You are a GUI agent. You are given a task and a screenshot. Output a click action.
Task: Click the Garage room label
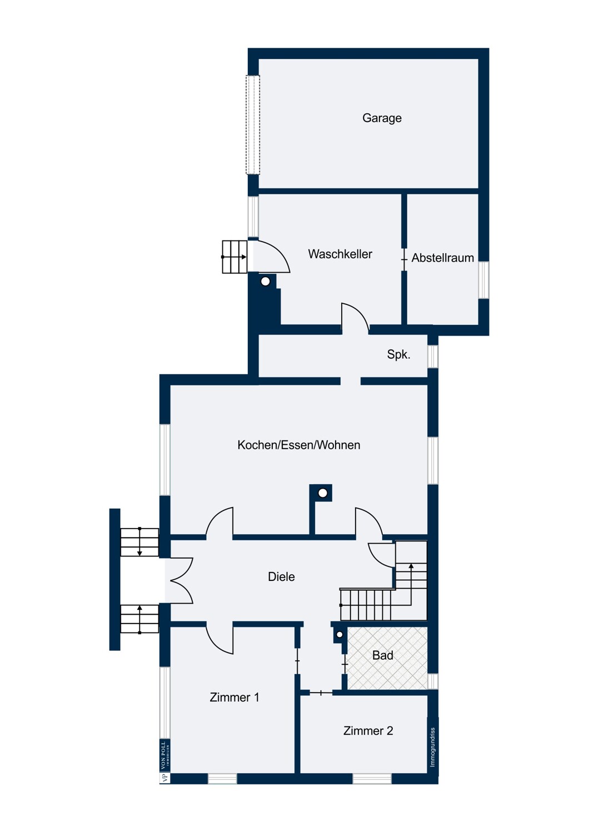382,118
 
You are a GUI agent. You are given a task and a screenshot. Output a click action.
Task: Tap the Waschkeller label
340,254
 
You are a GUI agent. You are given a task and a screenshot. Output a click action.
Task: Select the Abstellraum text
442,258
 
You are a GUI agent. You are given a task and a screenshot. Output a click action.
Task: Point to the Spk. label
398,354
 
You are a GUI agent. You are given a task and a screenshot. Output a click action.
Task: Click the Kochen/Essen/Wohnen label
299,445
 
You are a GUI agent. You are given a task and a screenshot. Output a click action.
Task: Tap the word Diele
281,576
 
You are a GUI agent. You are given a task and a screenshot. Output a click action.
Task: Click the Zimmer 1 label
234,697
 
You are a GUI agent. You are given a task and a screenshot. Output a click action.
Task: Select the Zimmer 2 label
368,731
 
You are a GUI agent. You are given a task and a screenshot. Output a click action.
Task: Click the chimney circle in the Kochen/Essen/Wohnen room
323,493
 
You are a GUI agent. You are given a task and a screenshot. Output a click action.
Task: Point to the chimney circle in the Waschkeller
265,282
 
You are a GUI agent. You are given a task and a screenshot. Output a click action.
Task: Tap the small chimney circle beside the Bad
339,635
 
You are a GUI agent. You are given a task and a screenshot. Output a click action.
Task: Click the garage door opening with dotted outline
253,124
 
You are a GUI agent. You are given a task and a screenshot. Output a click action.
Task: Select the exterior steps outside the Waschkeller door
235,257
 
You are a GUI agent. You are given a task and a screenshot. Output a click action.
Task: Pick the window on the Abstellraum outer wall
483,280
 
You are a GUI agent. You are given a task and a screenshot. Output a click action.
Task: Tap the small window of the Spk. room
433,357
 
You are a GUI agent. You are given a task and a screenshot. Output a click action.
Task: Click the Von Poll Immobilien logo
164,761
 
